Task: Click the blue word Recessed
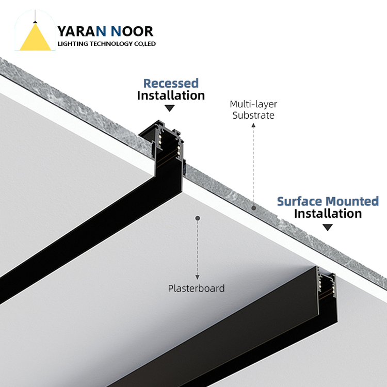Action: coord(171,83)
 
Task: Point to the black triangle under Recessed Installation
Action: coord(170,108)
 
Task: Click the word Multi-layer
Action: coord(253,104)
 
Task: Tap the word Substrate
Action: coord(253,115)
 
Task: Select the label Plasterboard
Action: coord(197,288)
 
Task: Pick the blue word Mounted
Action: coord(353,201)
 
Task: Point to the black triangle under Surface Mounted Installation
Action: coord(328,227)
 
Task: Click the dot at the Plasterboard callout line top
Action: coord(197,218)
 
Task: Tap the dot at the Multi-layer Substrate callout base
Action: coord(253,208)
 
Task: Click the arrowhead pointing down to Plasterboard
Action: coord(197,278)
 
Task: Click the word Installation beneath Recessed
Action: coord(171,95)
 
